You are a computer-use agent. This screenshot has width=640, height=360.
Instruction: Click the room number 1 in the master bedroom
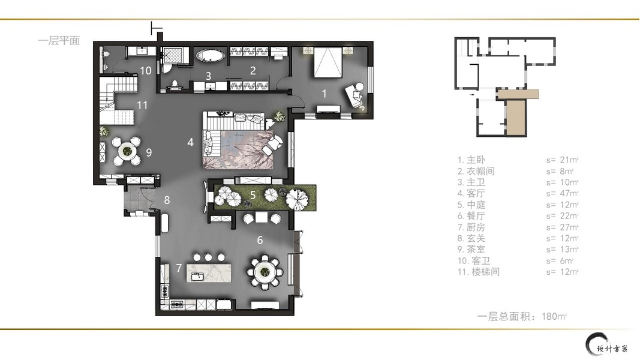324,94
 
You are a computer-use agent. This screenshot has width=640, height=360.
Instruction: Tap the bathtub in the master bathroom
210,56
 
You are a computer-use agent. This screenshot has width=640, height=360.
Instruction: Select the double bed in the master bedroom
327,62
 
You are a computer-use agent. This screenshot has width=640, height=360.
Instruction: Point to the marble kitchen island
209,273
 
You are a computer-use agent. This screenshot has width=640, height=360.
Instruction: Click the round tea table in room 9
127,151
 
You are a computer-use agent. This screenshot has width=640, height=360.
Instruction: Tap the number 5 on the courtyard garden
253,195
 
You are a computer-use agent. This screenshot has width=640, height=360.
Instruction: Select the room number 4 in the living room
190,142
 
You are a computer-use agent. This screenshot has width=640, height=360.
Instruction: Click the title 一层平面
59,40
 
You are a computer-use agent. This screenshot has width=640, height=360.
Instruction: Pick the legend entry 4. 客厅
471,193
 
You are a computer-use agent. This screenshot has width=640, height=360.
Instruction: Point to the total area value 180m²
554,316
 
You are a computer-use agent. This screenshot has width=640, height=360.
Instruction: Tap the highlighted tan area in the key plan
516,111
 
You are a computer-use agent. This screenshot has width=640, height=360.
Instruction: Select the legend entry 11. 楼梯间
479,272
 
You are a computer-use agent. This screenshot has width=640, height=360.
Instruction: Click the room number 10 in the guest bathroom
146,71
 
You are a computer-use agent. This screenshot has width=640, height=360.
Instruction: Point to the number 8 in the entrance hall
167,200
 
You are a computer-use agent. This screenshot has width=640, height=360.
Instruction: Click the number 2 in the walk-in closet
253,71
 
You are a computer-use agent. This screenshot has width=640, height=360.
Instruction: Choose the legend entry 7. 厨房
471,227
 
